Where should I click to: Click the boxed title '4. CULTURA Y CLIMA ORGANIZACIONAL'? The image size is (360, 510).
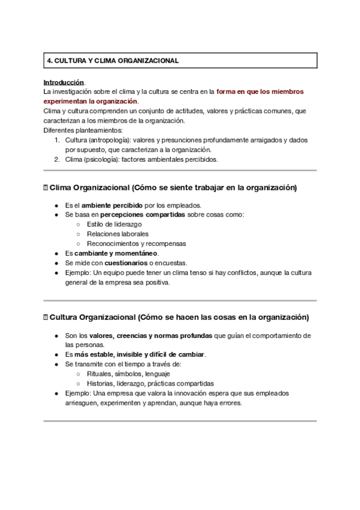point(113,61)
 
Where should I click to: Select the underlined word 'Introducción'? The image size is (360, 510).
point(64,82)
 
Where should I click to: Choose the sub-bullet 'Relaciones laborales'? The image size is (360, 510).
point(118,234)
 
